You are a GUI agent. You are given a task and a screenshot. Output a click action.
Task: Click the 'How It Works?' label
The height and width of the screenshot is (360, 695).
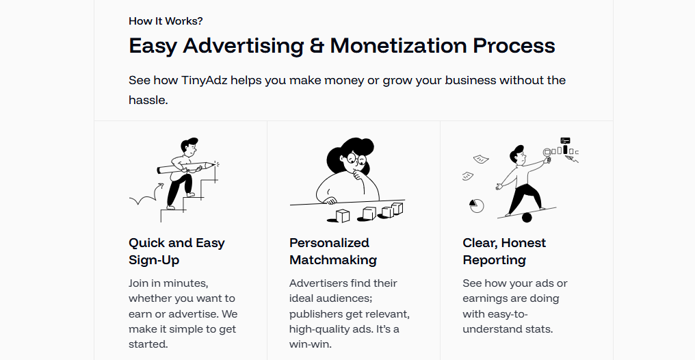pos(166,21)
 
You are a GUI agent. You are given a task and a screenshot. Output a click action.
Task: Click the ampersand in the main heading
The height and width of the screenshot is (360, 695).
pos(317,46)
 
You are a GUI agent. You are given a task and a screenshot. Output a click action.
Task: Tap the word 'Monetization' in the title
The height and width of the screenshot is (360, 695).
pos(399,46)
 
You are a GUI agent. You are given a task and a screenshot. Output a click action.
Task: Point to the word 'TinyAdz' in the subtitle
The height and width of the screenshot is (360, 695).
pos(205,81)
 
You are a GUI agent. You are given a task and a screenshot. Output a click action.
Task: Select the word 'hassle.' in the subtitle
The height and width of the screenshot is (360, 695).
pos(148,100)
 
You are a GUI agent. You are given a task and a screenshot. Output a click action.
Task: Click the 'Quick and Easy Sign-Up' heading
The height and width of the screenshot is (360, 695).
pos(176,251)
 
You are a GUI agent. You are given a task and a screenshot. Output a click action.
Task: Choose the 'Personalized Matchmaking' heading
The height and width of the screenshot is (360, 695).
pos(333,251)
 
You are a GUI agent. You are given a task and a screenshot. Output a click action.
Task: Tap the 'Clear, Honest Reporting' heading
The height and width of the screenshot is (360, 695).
pos(504,251)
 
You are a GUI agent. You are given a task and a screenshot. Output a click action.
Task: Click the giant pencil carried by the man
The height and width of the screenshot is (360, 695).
pos(186,167)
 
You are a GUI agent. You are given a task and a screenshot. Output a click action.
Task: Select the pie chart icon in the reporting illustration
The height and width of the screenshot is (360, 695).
pos(477,205)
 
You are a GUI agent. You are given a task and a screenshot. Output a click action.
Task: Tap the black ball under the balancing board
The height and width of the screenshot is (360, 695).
pos(527,217)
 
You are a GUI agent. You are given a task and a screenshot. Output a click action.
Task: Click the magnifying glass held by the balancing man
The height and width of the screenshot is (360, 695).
pos(548,154)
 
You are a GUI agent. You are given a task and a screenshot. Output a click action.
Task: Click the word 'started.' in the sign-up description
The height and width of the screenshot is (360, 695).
pos(148,344)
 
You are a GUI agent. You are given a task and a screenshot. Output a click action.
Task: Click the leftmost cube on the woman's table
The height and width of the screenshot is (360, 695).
pos(342,216)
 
